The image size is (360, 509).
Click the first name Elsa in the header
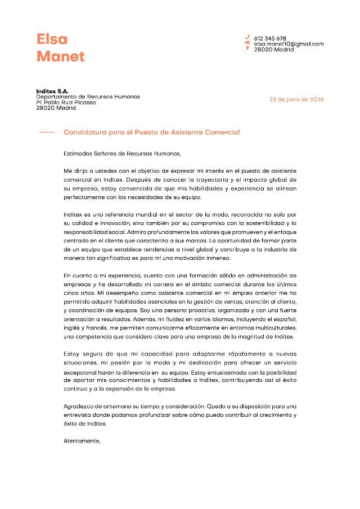coord(52,39)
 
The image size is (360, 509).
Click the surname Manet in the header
coord(60,56)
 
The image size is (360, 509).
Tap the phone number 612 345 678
coord(270,38)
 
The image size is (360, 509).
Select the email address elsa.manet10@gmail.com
coord(289,44)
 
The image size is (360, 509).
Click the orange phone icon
coord(247,37)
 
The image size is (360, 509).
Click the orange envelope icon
coord(247,43)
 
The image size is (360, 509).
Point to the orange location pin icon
coord(247,48)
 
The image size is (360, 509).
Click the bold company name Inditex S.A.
coord(52,91)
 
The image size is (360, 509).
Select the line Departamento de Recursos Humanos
coord(88,97)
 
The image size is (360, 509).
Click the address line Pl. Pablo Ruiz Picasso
coord(66,102)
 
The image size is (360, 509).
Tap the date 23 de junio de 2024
coord(296,100)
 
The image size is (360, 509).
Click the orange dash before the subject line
coord(47,132)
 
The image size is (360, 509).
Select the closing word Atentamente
coord(82,441)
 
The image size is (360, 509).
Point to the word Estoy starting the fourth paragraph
coord(73,353)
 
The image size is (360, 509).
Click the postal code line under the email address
coord(273,49)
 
